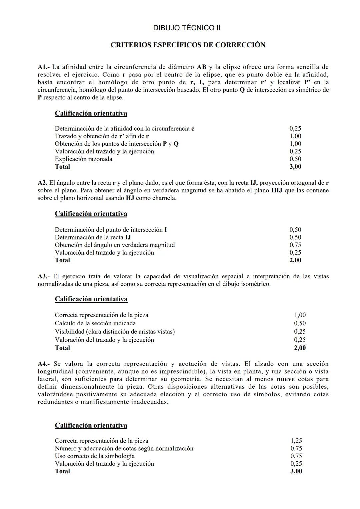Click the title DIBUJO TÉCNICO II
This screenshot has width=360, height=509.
(x=187, y=28)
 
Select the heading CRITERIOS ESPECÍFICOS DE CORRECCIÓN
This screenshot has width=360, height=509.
(x=188, y=45)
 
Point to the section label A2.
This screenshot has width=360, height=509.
(x=43, y=183)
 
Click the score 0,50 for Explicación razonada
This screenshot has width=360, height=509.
(x=295, y=159)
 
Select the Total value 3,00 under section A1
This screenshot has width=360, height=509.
(x=295, y=167)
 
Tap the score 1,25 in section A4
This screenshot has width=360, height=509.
(x=296, y=441)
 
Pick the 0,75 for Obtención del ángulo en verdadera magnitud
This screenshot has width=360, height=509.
(x=295, y=245)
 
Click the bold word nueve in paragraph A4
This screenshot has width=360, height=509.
(x=286, y=379)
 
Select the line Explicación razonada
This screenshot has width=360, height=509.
(x=83, y=159)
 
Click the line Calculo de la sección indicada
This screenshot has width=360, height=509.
(x=95, y=323)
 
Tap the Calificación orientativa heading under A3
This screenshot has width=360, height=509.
(x=91, y=299)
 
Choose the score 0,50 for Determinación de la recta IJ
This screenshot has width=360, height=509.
(x=295, y=237)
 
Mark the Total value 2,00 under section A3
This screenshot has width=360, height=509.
(x=299, y=348)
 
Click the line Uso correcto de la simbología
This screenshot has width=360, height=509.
(x=95, y=456)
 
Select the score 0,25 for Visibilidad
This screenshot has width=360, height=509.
(x=299, y=332)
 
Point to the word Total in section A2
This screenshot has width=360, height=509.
(x=62, y=260)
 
